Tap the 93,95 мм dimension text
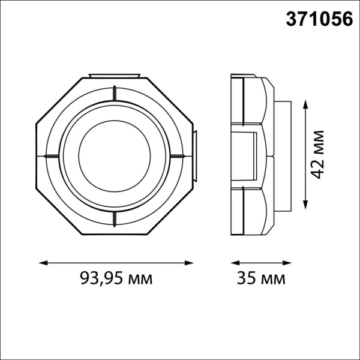point(116,278)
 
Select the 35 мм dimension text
point(260,278)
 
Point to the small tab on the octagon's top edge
point(114,76)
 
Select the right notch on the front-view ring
point(178,156)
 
